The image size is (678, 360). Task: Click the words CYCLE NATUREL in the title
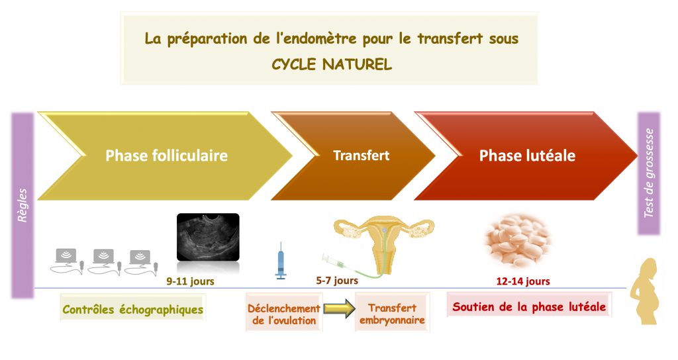tap(332, 64)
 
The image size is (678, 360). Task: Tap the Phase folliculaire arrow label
tap(166, 156)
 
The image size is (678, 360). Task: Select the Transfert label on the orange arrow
tap(361, 156)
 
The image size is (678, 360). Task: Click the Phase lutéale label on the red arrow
tap(527, 156)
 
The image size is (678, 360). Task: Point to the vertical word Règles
tap(22, 205)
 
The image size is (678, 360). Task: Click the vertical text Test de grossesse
tap(649, 173)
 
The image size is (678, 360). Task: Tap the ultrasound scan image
tap(208, 237)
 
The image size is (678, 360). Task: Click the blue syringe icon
tap(281, 261)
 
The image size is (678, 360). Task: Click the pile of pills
tap(517, 240)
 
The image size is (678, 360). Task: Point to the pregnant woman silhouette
tap(645, 291)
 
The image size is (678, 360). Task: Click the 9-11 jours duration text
tap(190, 281)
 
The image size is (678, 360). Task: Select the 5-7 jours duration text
tap(337, 281)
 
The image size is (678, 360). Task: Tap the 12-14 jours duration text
tap(523, 281)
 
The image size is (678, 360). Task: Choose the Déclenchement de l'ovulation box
tap(284, 312)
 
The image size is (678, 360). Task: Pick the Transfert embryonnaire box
tap(392, 312)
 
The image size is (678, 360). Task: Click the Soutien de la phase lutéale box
tap(529, 305)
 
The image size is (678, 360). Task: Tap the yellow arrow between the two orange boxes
tap(340, 308)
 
